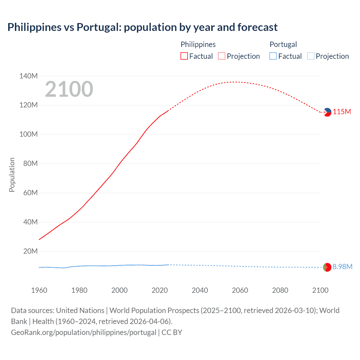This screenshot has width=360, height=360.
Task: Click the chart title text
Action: point(142,27)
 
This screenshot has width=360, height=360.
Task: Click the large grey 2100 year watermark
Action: point(69,89)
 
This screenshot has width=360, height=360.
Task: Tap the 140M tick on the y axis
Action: point(28,76)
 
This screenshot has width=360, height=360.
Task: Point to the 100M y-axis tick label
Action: point(28,134)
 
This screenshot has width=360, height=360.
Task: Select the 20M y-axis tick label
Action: point(30,251)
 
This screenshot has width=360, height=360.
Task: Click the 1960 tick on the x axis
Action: point(39,290)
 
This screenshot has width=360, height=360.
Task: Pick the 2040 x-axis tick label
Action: point(200,290)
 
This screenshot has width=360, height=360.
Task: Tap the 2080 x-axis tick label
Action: point(280,290)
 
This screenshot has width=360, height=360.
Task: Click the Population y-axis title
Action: point(12,175)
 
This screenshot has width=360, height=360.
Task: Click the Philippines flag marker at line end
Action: point(327,112)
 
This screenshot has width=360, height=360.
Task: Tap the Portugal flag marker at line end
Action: point(327,267)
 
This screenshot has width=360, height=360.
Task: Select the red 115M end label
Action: point(342,112)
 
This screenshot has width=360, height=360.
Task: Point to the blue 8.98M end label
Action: point(342,267)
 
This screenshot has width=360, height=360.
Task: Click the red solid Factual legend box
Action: point(184,56)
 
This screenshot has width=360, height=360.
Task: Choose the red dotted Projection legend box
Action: point(222,56)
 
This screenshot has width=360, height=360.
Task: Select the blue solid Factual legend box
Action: point(273,56)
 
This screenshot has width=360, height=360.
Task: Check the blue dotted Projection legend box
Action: point(310,56)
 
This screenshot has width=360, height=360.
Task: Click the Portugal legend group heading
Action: point(283,44)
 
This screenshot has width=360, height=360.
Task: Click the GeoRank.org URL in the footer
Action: point(84,332)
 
